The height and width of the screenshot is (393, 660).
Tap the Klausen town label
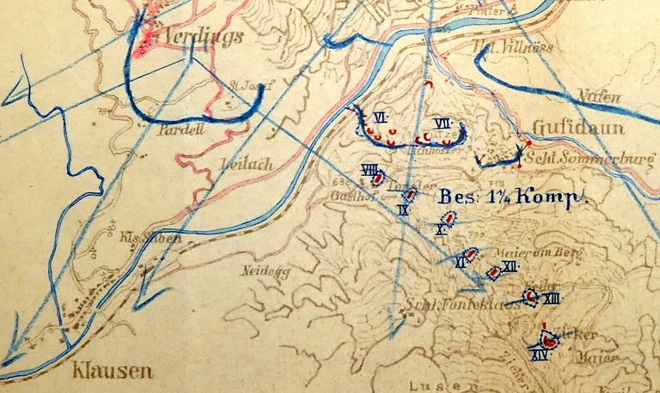(113, 371)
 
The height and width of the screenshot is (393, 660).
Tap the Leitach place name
(245, 163)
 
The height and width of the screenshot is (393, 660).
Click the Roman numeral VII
(443, 124)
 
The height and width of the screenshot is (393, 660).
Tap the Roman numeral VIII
(370, 169)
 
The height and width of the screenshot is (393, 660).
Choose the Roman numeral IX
(402, 209)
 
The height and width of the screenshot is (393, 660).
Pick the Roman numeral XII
(510, 266)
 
